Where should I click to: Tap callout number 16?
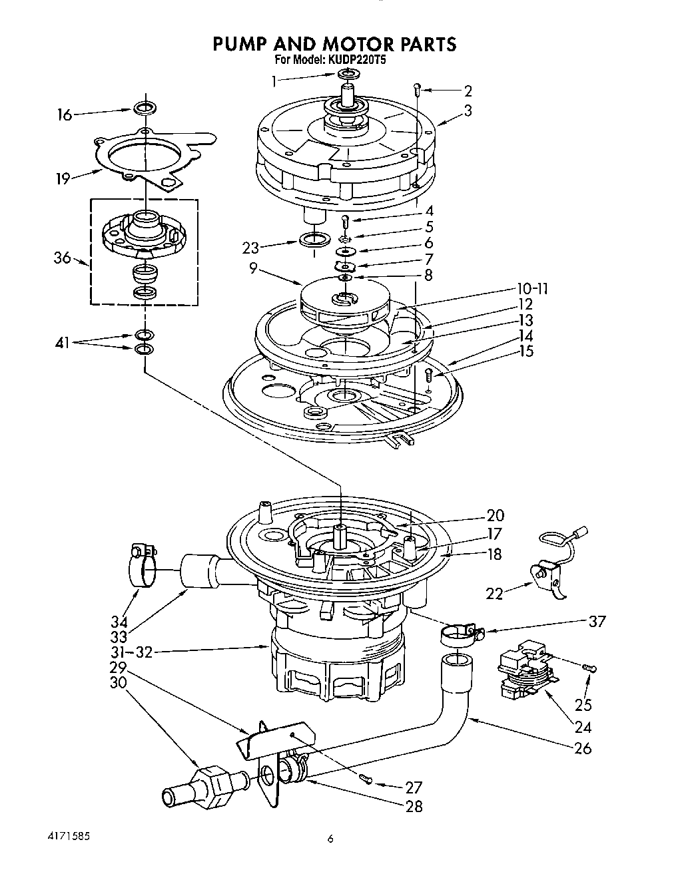[64, 115]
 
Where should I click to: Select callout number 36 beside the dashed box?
[62, 258]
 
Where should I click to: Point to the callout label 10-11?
[532, 289]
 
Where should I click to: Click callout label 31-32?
[133, 652]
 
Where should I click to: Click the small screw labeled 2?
[417, 88]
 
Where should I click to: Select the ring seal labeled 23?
[314, 239]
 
